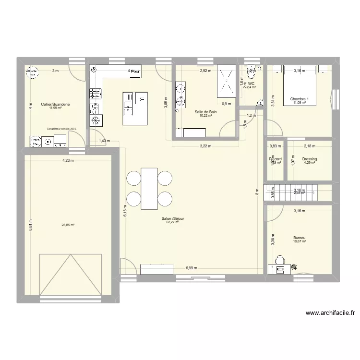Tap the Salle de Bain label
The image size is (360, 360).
(205, 112)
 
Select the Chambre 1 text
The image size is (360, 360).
(300, 100)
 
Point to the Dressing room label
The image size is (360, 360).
(309, 159)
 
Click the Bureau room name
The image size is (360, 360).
(299, 238)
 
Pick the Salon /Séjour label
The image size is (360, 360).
(173, 218)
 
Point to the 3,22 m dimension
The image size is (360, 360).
(206, 146)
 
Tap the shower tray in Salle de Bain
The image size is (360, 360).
(227, 80)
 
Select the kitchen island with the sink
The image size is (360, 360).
(136, 108)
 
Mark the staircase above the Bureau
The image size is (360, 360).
(298, 193)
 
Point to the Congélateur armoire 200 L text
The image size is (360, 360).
(61, 129)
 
